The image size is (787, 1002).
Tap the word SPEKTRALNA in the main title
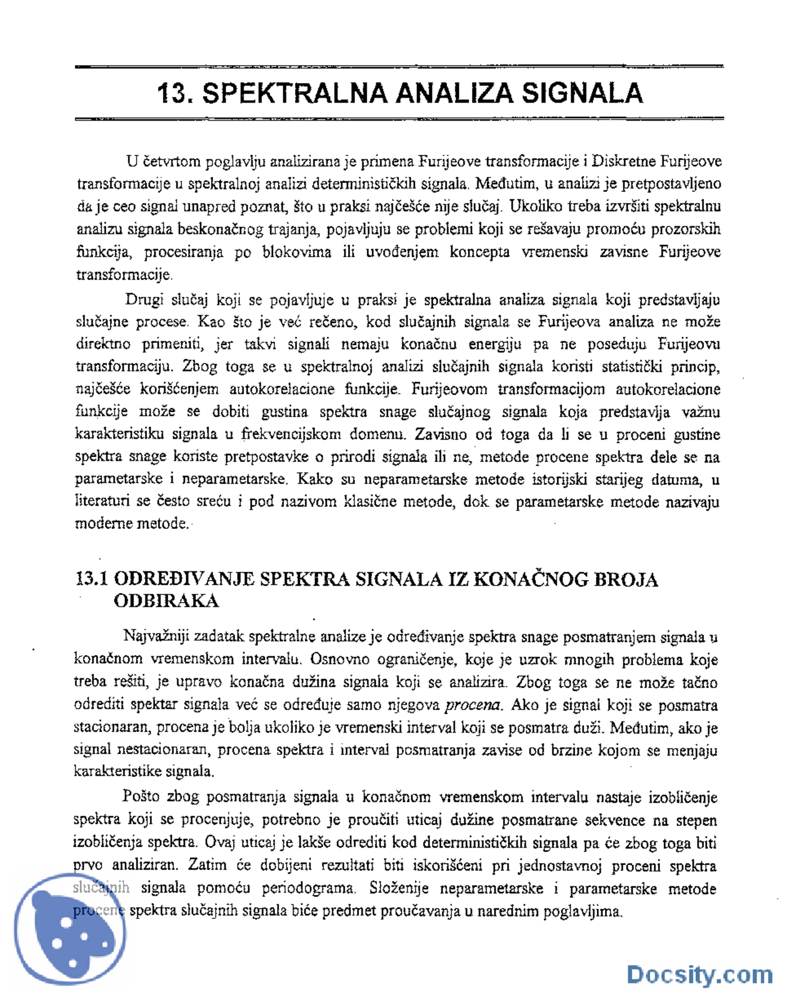pos(295,93)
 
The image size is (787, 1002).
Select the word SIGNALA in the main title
pos(582,93)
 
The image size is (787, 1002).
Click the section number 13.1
pos(92,579)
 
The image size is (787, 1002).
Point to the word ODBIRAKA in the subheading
pos(166,601)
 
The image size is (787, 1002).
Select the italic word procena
pos(472,705)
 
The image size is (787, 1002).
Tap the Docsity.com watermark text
pos(699,975)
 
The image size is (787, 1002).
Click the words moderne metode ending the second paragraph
pos(132,524)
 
